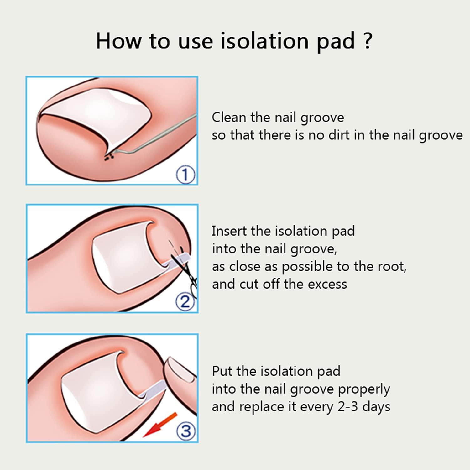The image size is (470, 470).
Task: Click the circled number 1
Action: coord(185,175)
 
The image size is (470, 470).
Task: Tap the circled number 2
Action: coord(185,302)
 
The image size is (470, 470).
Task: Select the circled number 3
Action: coord(186,431)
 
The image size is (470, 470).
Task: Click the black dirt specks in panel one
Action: coord(108,157)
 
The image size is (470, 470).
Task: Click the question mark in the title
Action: coord(368,41)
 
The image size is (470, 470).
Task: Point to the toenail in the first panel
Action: coord(97,116)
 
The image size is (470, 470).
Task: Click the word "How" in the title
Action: coord(118,41)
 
